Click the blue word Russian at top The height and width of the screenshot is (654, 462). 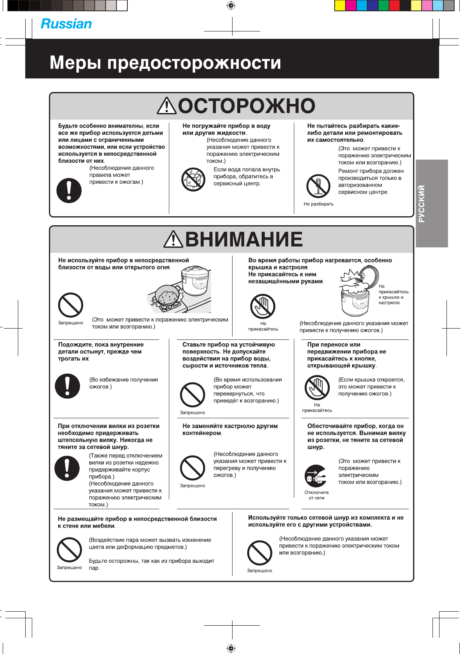click(x=66, y=24)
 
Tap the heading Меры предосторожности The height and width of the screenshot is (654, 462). click(x=165, y=63)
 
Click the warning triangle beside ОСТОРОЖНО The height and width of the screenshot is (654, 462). click(x=167, y=106)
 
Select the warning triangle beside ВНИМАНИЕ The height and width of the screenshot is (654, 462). click(x=173, y=239)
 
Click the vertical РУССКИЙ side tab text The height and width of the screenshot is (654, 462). click(x=422, y=204)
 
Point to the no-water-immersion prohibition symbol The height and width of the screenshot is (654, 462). click(x=193, y=179)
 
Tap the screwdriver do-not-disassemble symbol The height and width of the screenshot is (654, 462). click(x=318, y=186)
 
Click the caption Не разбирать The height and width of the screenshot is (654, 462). click(x=318, y=204)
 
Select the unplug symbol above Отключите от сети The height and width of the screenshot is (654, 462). click(x=316, y=476)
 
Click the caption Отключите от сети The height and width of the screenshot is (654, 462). click(x=316, y=495)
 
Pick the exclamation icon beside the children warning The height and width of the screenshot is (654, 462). click(x=69, y=191)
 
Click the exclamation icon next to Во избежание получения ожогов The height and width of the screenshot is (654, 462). click(x=68, y=386)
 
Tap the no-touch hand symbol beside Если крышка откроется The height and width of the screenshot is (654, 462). click(x=317, y=388)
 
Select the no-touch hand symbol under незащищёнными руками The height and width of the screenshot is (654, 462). click(x=263, y=306)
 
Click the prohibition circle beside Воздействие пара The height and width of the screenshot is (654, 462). click(x=69, y=550)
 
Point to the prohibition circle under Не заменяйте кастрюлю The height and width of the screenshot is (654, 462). click(x=193, y=468)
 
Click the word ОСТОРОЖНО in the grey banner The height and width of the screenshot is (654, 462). click(x=247, y=106)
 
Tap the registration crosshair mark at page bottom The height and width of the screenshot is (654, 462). click(x=231, y=648)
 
